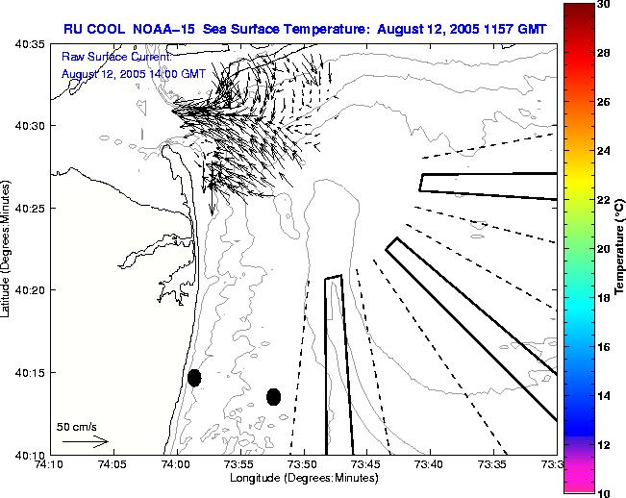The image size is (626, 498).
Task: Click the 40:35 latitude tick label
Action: (x=31, y=44)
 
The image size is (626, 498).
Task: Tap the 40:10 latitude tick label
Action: (x=31, y=454)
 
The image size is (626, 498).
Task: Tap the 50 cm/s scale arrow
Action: (x=84, y=441)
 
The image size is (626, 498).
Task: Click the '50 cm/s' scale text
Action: (x=76, y=426)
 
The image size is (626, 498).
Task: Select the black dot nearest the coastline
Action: (x=194, y=378)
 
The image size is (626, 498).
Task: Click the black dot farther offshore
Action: (x=273, y=396)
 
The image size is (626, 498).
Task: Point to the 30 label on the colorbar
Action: (x=602, y=4)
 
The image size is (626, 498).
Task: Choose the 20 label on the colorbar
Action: (x=602, y=248)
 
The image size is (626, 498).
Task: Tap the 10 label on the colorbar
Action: (x=602, y=492)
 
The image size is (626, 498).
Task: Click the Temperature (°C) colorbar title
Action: (x=620, y=248)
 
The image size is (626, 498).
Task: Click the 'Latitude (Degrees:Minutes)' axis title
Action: (x=8, y=248)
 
